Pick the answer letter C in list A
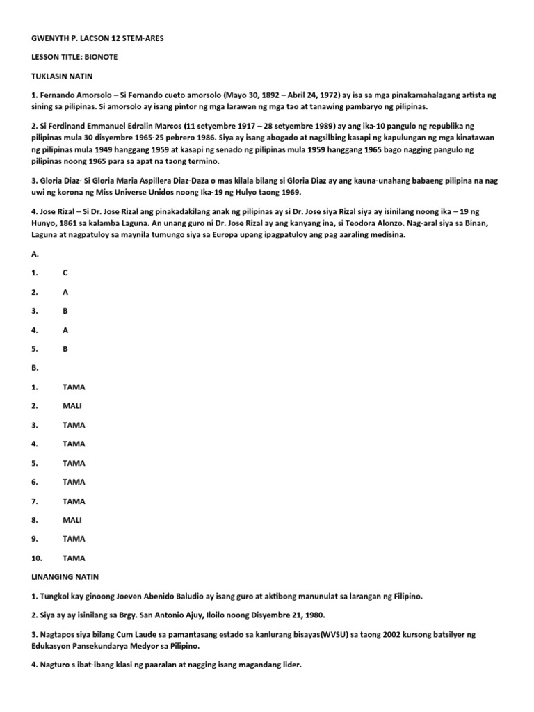click(x=65, y=273)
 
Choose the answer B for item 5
click(x=65, y=349)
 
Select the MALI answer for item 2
click(x=72, y=406)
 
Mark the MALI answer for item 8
click(x=72, y=520)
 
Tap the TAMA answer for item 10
click(x=74, y=558)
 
